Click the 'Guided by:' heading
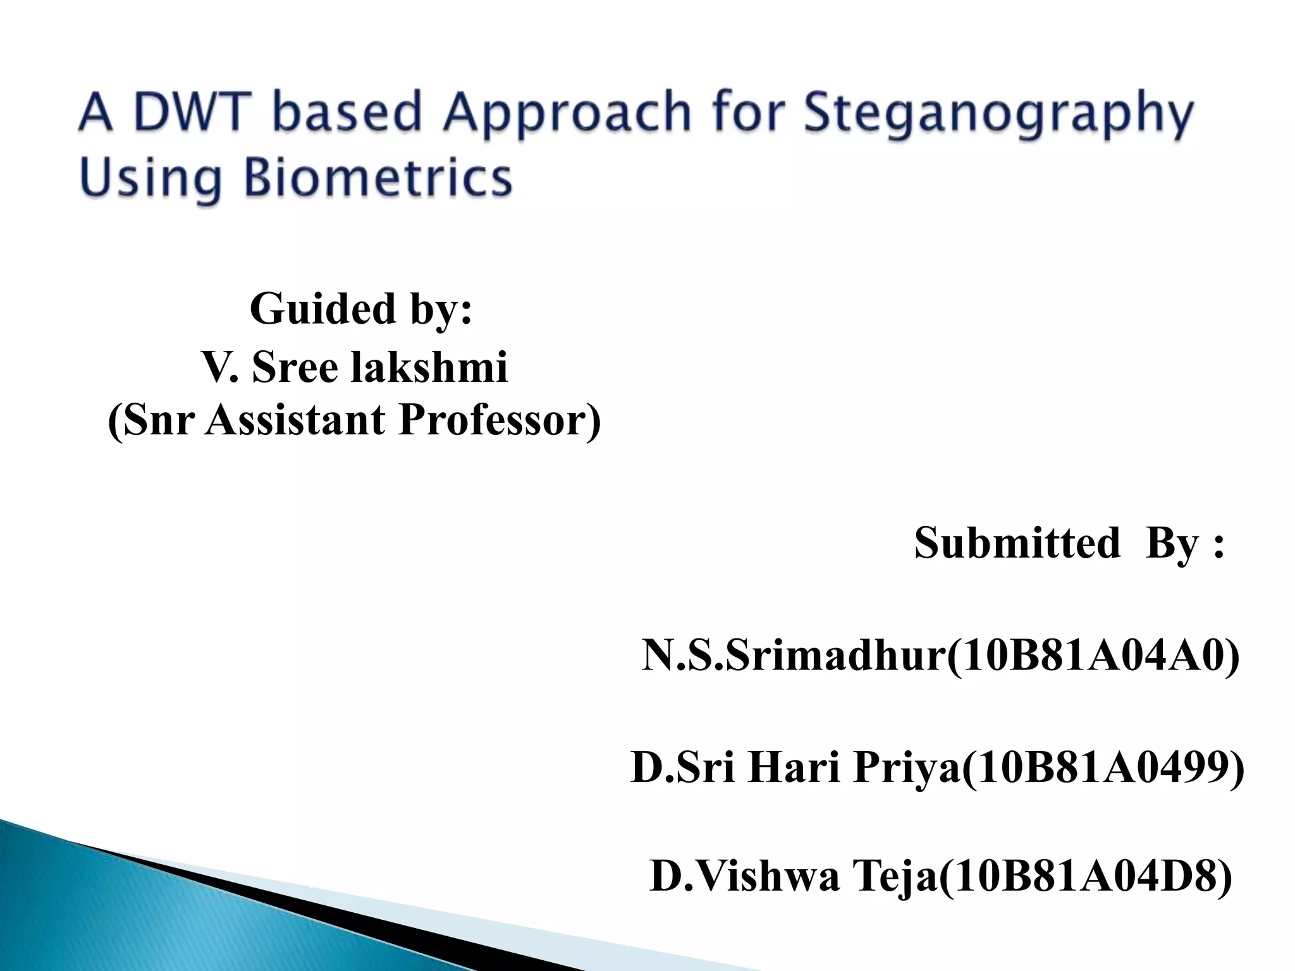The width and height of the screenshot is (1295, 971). tap(360, 310)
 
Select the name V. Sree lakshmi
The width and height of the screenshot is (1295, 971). tap(355, 367)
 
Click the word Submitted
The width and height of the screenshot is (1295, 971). tap(1017, 543)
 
